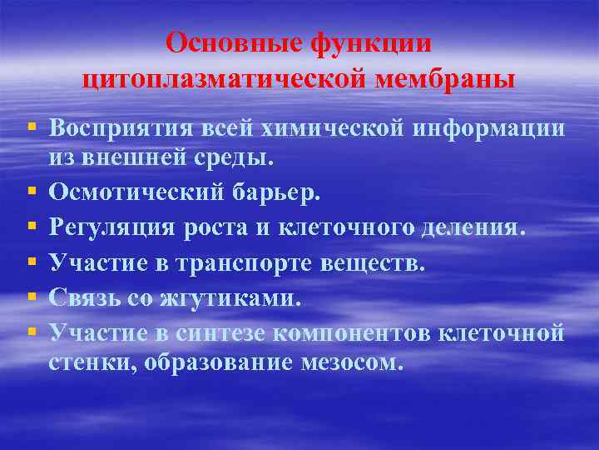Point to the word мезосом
[354, 363]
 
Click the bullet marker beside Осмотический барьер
[31, 192]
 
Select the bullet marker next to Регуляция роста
[31, 227]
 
